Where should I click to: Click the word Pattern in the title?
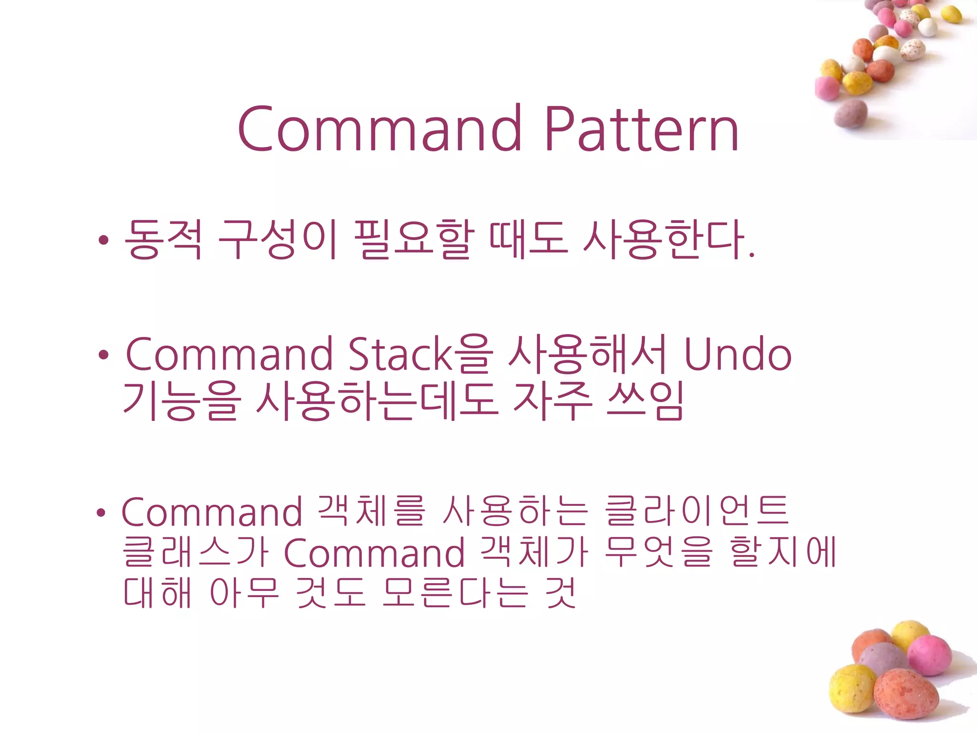642,129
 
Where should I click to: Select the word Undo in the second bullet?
738,355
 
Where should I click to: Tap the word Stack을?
420,355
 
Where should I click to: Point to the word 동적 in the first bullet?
163,240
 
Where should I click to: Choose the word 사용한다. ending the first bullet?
668,240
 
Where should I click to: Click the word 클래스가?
196,553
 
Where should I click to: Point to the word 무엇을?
658,553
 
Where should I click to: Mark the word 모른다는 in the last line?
455,593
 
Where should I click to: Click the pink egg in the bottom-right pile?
929,656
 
